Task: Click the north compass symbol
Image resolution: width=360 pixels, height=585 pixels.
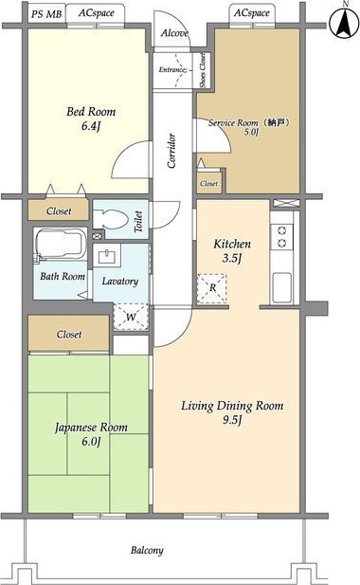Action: pyautogui.click(x=345, y=23)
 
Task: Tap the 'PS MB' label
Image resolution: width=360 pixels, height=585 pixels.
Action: pyautogui.click(x=46, y=14)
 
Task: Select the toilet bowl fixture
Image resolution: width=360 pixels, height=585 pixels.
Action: pyautogui.click(x=110, y=219)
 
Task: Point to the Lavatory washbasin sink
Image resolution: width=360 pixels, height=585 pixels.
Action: pyautogui.click(x=107, y=255)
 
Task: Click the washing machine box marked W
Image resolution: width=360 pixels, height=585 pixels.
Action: pyautogui.click(x=131, y=317)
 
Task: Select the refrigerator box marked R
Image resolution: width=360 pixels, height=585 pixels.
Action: pyautogui.click(x=211, y=288)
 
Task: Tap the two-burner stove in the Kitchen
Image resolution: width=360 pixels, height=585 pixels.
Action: pyautogui.click(x=282, y=237)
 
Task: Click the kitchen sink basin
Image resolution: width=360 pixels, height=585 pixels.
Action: pyautogui.click(x=281, y=287)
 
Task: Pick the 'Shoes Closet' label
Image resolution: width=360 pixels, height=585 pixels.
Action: pyautogui.click(x=203, y=70)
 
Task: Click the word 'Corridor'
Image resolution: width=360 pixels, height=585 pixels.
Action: pyautogui.click(x=171, y=151)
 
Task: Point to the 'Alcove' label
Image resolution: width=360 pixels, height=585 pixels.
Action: pyautogui.click(x=174, y=33)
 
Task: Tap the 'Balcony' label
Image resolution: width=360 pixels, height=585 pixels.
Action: pyautogui.click(x=147, y=550)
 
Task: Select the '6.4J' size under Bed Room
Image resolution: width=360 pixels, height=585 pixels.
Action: pyautogui.click(x=91, y=126)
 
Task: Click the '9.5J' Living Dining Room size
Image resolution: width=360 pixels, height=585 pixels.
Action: pyautogui.click(x=232, y=420)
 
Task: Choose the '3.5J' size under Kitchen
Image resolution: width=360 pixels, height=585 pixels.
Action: pyautogui.click(x=232, y=258)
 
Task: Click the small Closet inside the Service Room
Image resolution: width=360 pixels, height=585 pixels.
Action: pyautogui.click(x=209, y=182)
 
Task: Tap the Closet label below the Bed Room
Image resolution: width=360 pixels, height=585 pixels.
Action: pyautogui.click(x=59, y=211)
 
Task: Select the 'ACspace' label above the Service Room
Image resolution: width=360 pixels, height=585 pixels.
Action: pyautogui.click(x=252, y=13)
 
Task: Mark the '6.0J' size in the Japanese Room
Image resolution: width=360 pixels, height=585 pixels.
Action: pyautogui.click(x=91, y=442)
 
